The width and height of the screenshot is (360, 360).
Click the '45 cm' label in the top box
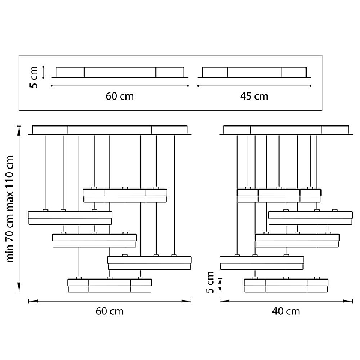[x=254, y=96]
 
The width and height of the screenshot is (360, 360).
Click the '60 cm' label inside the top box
[x=119, y=96]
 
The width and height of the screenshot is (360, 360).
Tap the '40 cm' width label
[x=286, y=311]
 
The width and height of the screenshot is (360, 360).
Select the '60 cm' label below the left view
[x=110, y=311]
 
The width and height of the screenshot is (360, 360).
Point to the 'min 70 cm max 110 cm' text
[x=10, y=209]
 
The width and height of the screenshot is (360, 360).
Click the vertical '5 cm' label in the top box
[x=34, y=77]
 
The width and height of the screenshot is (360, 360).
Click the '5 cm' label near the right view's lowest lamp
[x=210, y=283]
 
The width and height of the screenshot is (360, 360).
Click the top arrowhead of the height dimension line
[x=19, y=130]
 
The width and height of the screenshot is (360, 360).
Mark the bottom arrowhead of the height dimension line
[x=19, y=287]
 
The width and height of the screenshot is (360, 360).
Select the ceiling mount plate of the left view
[x=110, y=130]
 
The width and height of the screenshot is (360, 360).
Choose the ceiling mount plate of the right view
[x=286, y=130]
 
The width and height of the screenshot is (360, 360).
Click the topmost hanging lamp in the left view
[x=125, y=196]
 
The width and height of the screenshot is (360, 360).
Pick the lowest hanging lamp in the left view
[x=110, y=286]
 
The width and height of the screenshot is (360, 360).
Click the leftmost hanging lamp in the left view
[x=70, y=218]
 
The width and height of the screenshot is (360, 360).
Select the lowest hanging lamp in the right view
[x=286, y=286]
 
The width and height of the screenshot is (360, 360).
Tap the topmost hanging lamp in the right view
[x=279, y=196]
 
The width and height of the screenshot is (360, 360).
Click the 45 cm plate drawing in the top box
[x=254, y=73]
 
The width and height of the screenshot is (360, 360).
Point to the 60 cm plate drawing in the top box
[x=120, y=73]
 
